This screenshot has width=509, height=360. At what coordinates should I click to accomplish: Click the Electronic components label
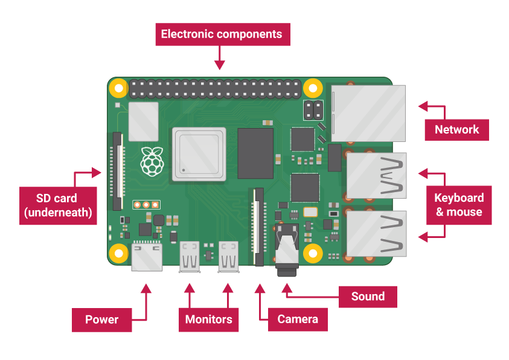click(x=222, y=34)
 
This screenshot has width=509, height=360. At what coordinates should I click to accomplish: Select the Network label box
click(x=456, y=129)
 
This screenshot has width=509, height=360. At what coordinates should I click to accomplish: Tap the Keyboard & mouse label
click(x=459, y=205)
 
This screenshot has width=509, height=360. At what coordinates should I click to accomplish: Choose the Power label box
click(x=101, y=319)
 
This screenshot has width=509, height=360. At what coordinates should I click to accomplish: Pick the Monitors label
click(x=208, y=319)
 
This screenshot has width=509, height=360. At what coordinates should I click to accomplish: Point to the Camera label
click(x=298, y=319)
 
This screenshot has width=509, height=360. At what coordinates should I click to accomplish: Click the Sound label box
click(x=368, y=296)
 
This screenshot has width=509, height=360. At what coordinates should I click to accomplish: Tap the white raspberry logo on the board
click(x=152, y=161)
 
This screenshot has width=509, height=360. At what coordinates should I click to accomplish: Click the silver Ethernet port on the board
click(x=368, y=113)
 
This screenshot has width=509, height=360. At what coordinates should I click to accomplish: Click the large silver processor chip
click(x=199, y=153)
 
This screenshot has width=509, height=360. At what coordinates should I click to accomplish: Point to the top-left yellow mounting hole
click(x=119, y=89)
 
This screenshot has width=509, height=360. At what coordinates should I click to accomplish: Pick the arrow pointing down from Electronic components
click(x=220, y=59)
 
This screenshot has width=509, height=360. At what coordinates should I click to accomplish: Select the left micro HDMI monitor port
click(x=190, y=256)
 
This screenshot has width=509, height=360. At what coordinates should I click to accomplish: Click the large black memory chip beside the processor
click(x=255, y=153)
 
